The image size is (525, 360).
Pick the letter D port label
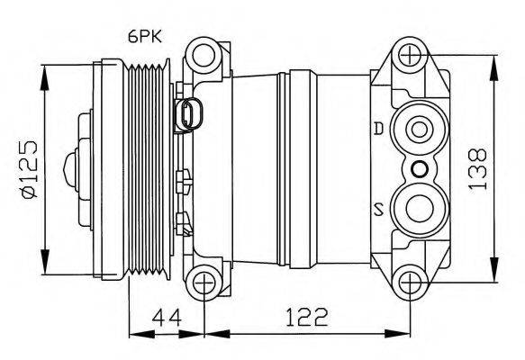(x=379, y=129)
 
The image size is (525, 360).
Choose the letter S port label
(x=379, y=211)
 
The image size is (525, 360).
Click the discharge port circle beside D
(x=418, y=130)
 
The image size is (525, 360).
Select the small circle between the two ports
(x=418, y=168)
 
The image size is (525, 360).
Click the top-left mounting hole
(x=206, y=56)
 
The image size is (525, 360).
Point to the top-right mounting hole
(x=413, y=56)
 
